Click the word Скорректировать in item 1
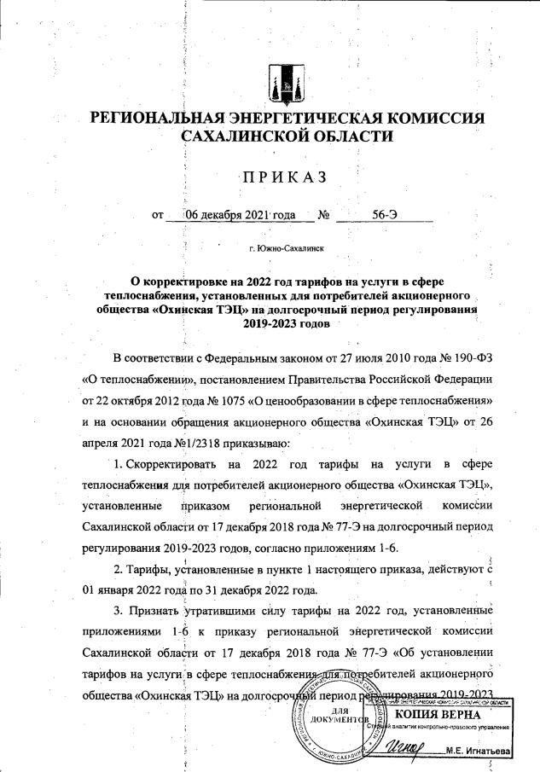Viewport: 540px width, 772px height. pyautogui.click(x=171, y=463)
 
